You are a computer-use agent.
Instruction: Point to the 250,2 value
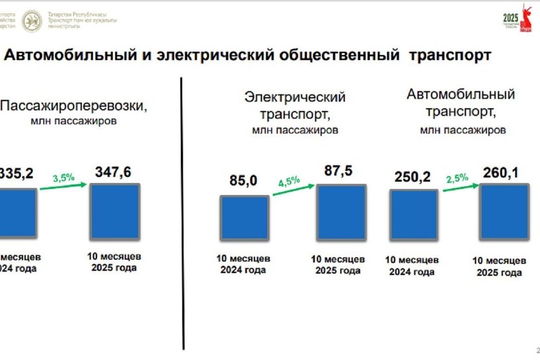(x=412, y=177)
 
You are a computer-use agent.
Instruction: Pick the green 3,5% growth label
(x=64, y=177)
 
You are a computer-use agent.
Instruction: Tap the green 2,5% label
(x=457, y=177)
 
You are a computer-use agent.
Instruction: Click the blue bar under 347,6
(x=115, y=211)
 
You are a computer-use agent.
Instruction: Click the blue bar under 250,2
(x=414, y=215)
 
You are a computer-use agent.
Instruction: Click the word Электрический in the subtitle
(x=295, y=97)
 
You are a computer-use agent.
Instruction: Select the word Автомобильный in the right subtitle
(x=461, y=94)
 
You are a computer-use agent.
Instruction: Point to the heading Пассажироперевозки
(x=74, y=106)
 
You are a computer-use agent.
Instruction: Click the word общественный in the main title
(x=340, y=55)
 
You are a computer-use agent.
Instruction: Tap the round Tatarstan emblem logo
(x=32, y=21)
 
